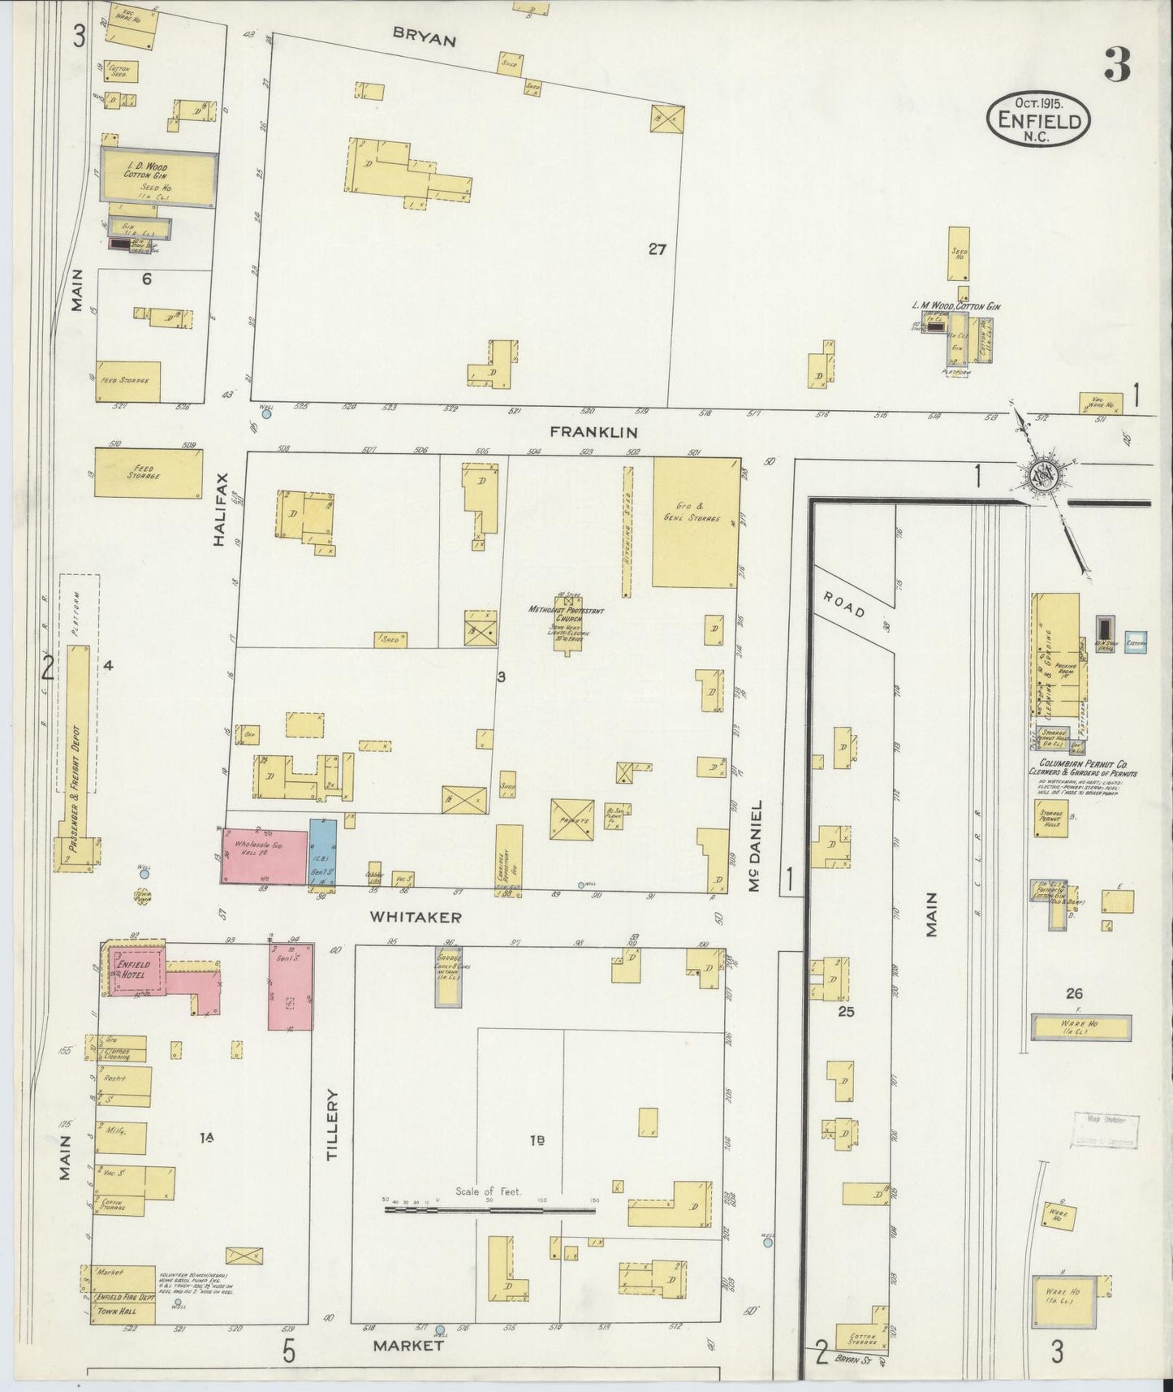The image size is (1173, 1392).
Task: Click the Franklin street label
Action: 594,433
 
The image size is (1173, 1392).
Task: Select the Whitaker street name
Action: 416,917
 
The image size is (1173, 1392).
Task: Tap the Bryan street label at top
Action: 425,37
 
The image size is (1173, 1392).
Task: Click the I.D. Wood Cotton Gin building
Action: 159,175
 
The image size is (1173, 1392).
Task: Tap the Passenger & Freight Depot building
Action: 80,763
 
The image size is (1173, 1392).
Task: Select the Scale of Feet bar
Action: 489,1210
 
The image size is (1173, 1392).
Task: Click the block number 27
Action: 657,250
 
